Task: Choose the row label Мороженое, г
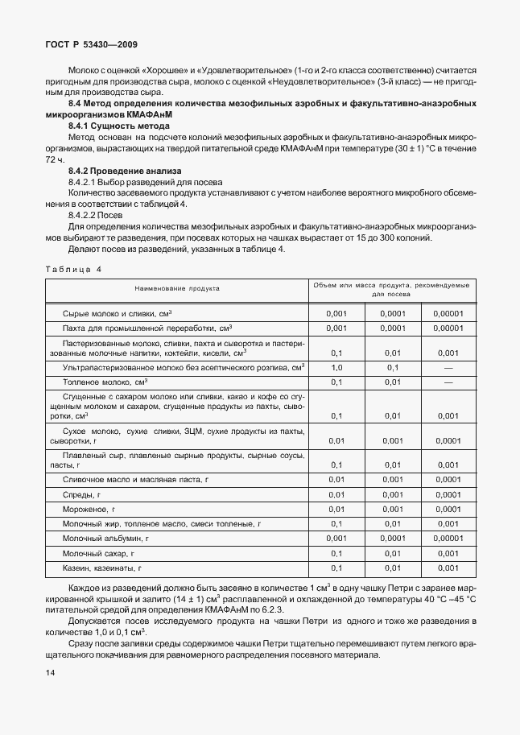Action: pyautogui.click(x=89, y=510)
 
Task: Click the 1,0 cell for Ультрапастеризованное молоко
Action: pyautogui.click(x=336, y=367)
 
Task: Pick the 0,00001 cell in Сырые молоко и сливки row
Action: pyautogui.click(x=448, y=313)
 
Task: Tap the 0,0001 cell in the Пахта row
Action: pyautogui.click(x=393, y=328)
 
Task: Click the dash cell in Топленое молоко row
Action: pyautogui.click(x=448, y=382)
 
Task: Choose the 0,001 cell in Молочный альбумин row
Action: pyautogui.click(x=336, y=539)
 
